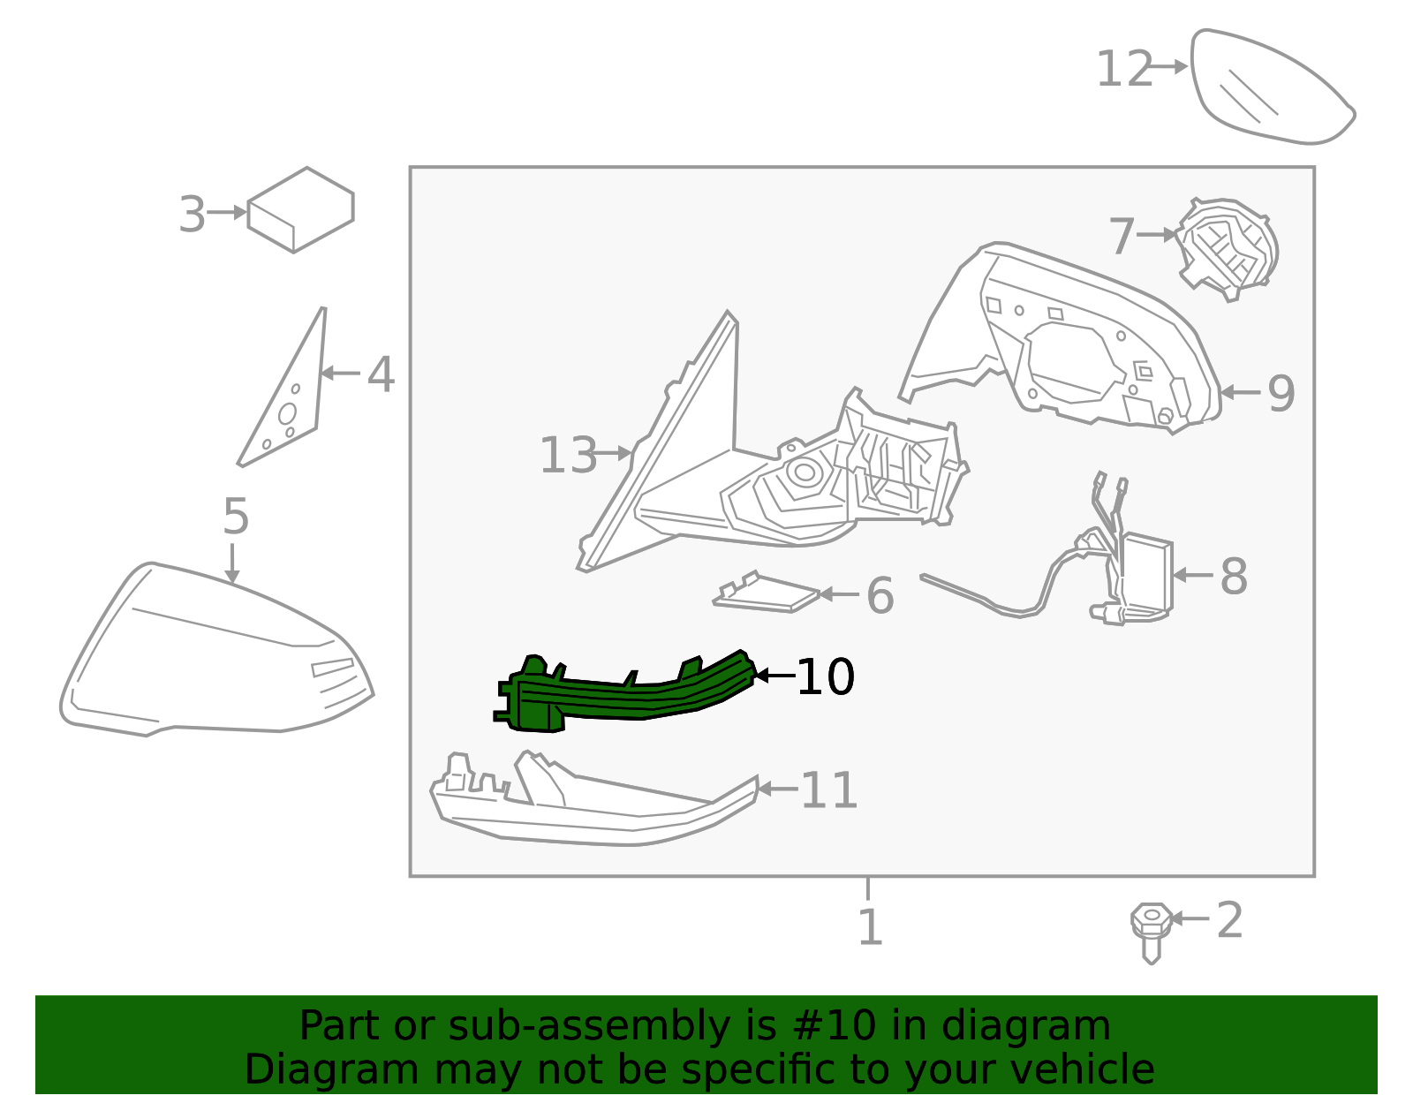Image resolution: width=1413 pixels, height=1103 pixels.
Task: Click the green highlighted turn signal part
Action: [624, 699]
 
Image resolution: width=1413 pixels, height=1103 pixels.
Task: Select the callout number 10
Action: [825, 677]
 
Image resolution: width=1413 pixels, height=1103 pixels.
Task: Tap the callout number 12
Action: [1124, 69]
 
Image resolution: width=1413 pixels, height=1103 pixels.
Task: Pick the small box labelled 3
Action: [300, 210]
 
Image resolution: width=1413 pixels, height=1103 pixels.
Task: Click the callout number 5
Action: [236, 517]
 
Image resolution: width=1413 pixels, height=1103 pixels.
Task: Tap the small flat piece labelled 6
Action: [767, 593]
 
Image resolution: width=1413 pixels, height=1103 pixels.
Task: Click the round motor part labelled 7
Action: [1228, 250]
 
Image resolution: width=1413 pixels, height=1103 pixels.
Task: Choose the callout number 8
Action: [1234, 577]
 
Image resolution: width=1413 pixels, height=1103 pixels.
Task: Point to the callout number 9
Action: [1281, 394]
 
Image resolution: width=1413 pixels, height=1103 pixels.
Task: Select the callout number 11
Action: [829, 791]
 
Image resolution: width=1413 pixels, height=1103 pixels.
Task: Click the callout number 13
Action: [568, 455]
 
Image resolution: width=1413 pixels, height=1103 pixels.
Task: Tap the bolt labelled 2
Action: [1151, 933]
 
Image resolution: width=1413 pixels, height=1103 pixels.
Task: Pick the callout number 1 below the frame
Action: [870, 927]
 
